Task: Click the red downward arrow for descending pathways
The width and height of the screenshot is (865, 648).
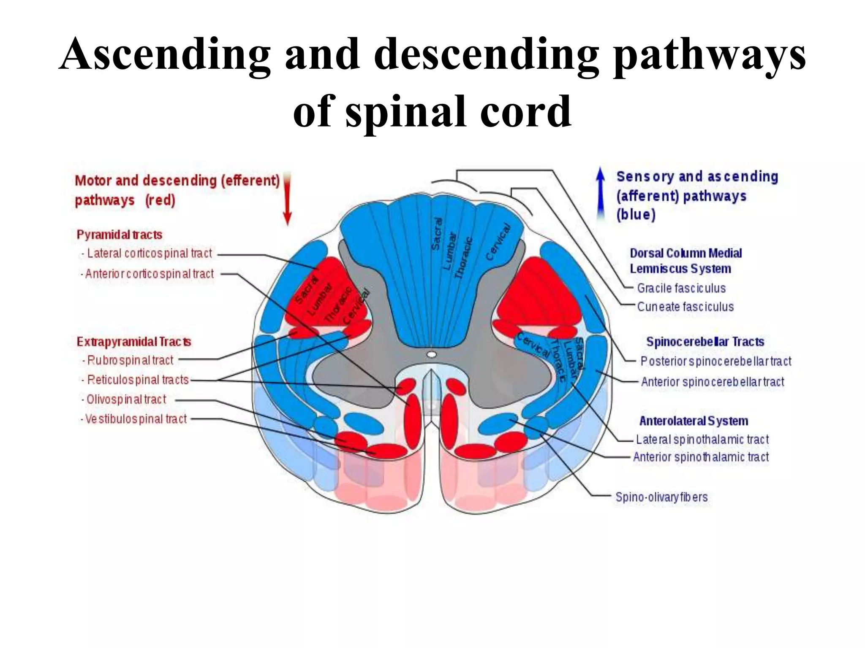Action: coord(287,198)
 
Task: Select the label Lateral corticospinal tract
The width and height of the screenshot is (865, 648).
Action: coord(149,253)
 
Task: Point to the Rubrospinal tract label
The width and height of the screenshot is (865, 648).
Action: coord(130,360)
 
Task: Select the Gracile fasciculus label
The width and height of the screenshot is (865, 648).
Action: coord(681,288)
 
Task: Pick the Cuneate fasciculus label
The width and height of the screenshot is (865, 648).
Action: coord(685,307)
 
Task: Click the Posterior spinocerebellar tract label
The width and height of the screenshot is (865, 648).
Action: coord(715,361)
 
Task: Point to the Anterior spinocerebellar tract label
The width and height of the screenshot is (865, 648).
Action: coord(713,382)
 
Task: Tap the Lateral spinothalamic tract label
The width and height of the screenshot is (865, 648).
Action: coord(702,439)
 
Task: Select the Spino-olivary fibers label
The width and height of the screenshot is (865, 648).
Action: coord(661,497)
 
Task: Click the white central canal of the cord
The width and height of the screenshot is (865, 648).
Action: coord(431,354)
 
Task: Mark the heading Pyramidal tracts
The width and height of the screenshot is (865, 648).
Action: coord(120,235)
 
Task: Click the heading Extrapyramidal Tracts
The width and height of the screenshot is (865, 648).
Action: coord(133,341)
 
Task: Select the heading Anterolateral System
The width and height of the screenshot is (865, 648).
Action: coord(694,421)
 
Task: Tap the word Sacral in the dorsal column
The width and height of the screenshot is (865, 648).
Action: coord(437,234)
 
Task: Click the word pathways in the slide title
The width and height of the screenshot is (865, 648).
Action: coord(709,55)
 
